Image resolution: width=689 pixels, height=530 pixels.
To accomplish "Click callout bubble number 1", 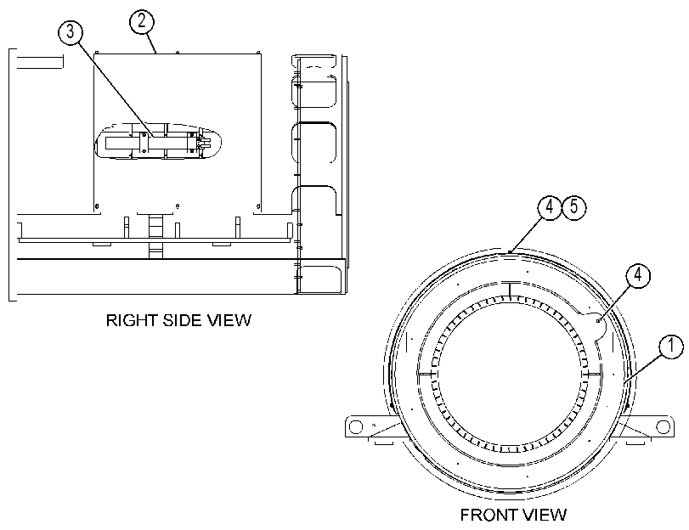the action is point(671,347).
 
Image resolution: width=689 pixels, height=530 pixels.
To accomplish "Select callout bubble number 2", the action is point(142,21).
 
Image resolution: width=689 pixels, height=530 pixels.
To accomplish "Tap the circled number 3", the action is point(71,32).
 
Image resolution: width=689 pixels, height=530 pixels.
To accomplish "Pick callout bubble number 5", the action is point(574,206).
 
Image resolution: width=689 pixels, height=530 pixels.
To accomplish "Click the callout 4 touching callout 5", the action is point(550,206).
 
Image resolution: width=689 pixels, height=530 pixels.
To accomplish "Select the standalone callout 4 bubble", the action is point(637,275).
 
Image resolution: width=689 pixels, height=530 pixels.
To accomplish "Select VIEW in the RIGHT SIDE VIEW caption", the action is point(229,320).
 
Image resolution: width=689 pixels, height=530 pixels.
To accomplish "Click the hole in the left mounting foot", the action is point(355,426).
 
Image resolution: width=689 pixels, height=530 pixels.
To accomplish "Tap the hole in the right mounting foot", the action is point(662,426).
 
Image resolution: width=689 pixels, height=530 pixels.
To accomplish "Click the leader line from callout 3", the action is point(116,90).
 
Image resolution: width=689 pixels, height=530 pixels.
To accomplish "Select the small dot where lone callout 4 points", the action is point(598,322).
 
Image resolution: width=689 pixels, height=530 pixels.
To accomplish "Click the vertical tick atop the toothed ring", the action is point(510,290).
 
